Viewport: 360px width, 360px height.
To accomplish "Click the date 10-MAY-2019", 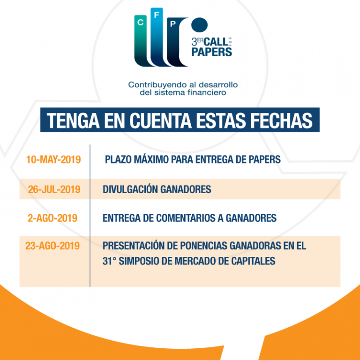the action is click(53, 159).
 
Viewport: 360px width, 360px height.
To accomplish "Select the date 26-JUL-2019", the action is click(54, 189).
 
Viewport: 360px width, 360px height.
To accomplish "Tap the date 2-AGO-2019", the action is click(52, 218).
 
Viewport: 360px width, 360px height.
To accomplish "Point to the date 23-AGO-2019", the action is click(52, 246).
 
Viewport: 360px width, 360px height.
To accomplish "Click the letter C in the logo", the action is click(140, 22).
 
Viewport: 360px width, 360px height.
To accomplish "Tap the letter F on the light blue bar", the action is click(157, 15).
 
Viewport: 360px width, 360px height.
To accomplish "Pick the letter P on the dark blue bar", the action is click(173, 23).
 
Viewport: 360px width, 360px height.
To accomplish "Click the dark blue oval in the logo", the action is click(200, 24).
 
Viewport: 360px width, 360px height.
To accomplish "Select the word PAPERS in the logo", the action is click(212, 52).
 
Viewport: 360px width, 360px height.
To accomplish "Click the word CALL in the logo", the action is click(216, 42).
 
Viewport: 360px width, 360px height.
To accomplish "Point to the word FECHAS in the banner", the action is click(281, 120).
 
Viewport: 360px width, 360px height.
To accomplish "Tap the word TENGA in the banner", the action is click(73, 120).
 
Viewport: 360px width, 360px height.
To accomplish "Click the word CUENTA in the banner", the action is click(160, 120).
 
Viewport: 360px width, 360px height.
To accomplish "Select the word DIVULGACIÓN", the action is click(130, 189).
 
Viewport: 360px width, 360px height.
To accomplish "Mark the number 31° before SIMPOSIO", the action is click(109, 261).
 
